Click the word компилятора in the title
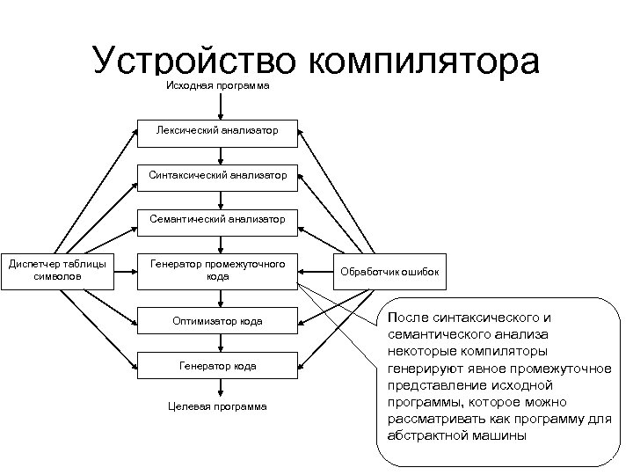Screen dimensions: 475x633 point(424,63)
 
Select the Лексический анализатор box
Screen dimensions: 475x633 point(217,131)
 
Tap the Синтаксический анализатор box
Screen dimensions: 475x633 point(217,176)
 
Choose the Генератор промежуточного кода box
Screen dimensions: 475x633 point(217,270)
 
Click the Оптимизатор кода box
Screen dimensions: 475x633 point(217,321)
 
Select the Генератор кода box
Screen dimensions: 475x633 point(217,366)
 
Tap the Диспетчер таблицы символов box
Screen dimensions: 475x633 point(57,270)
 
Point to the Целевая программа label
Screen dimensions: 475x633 point(218,406)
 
